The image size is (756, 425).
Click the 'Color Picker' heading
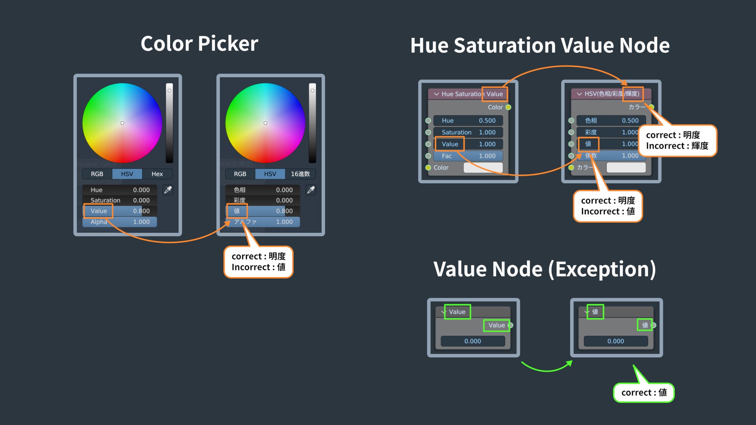[199, 43]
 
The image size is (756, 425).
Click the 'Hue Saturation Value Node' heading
[540, 45]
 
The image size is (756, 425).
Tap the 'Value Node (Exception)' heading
[545, 269]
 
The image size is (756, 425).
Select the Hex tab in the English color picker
[157, 174]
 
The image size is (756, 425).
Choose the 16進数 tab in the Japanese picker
[300, 174]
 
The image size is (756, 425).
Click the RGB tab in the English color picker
[97, 174]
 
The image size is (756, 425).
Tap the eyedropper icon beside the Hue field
[168, 190]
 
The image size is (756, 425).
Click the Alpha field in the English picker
[119, 222]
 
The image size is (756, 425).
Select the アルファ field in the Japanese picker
[263, 222]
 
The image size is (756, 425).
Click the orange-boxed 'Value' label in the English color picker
[98, 211]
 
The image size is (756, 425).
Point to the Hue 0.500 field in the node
[468, 120]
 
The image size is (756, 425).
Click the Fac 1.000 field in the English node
[468, 156]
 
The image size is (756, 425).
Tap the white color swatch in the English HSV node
[483, 168]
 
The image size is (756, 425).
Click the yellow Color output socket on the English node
[508, 107]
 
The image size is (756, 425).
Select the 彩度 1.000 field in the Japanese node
[611, 132]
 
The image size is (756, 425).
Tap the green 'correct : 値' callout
[644, 393]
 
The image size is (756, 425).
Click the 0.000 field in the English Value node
[472, 341]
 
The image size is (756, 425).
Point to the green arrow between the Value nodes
[547, 368]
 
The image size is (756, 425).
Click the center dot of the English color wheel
[122, 123]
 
